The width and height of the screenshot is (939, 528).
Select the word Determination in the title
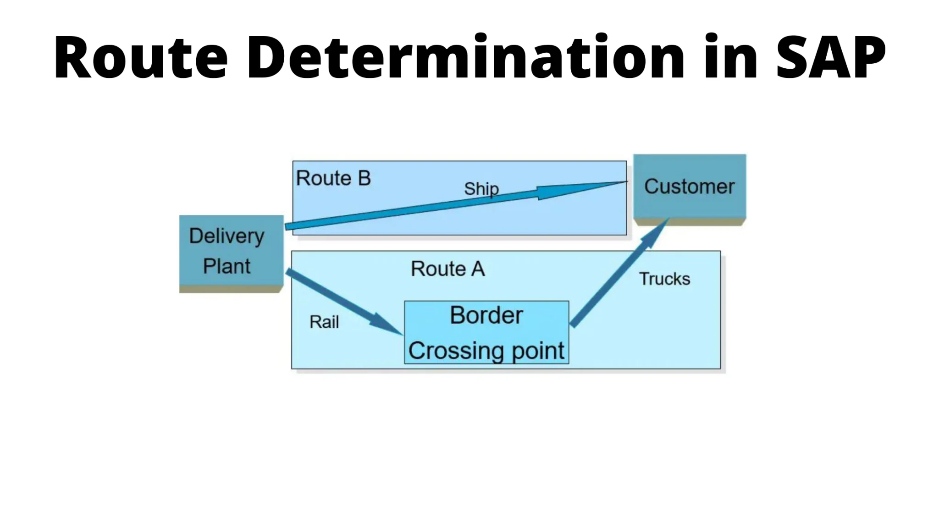465,57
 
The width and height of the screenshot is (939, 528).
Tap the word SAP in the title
831,57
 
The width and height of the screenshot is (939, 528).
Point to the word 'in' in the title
731,57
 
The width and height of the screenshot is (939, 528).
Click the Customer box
690,187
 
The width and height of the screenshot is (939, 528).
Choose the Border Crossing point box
486,333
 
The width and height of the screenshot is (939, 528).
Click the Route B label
333,178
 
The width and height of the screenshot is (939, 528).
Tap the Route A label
447,269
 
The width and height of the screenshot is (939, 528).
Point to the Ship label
481,189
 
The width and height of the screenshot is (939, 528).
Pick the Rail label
324,322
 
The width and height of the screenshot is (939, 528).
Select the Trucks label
664,279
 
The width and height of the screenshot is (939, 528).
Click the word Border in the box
486,315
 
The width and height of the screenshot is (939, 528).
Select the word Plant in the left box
226,266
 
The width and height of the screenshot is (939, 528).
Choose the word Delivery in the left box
226,236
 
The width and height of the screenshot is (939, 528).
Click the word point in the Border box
538,352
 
